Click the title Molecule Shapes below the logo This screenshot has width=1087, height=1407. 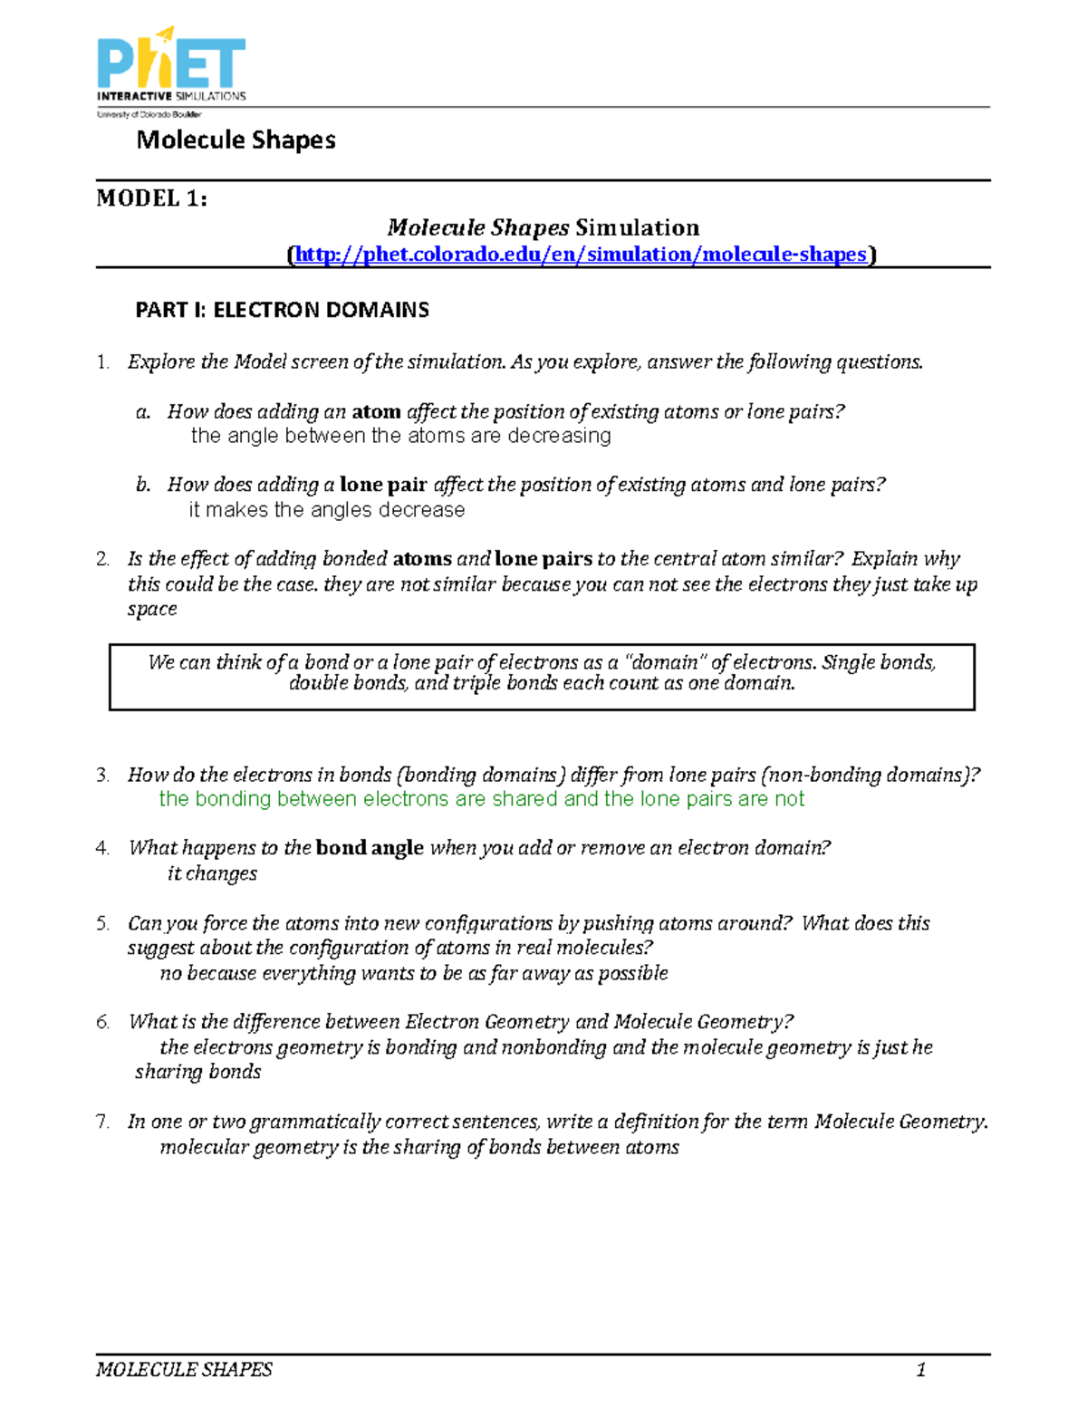click(x=236, y=140)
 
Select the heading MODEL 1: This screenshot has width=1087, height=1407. click(x=151, y=198)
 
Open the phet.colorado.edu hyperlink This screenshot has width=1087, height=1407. click(x=581, y=255)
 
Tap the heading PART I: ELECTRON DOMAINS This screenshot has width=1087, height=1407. click(x=282, y=310)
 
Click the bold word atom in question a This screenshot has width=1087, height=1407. click(x=376, y=412)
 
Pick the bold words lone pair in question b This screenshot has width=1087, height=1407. click(x=382, y=485)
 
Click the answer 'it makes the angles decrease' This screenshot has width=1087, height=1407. click(x=326, y=510)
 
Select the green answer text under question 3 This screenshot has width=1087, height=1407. click(x=481, y=799)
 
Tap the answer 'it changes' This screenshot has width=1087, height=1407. click(x=212, y=873)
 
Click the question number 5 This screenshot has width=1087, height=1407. click(x=102, y=923)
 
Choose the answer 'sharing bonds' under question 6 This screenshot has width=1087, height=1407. click(x=197, y=1072)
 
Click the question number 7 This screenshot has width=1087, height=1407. click(x=102, y=1122)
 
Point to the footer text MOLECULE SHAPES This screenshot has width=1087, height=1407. click(x=184, y=1369)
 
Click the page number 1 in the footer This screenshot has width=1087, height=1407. click(x=920, y=1369)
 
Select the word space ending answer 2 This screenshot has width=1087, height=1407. click(x=152, y=610)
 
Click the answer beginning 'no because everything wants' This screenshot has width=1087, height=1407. click(x=413, y=973)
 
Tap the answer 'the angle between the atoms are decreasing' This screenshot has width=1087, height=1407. click(x=400, y=436)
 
